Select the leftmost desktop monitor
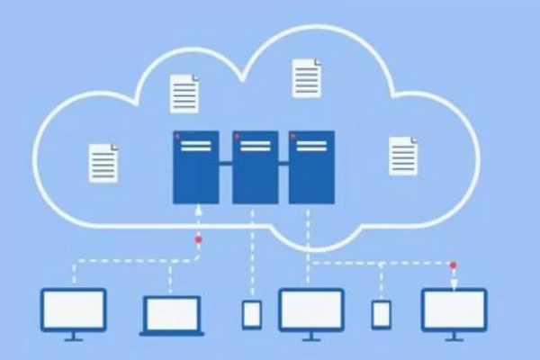pyautogui.click(x=74, y=310)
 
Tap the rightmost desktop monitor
pyautogui.click(x=454, y=310)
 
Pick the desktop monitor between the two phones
pyautogui.click(x=310, y=310)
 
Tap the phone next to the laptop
pyautogui.click(x=252, y=314)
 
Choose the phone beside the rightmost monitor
pyautogui.click(x=382, y=314)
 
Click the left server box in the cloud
pyautogui.click(x=196, y=166)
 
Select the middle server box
pyautogui.click(x=255, y=166)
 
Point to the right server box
pyautogui.click(x=311, y=166)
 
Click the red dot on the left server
pyautogui.click(x=179, y=137)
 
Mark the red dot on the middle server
pyautogui.click(x=238, y=137)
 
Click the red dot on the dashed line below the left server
pyautogui.click(x=198, y=240)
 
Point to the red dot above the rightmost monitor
pyautogui.click(x=454, y=265)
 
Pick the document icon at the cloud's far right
pyautogui.click(x=403, y=156)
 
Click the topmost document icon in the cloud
pyautogui.click(x=307, y=78)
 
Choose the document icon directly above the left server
pyautogui.click(x=184, y=94)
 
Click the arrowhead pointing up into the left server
pyautogui.click(x=198, y=209)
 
